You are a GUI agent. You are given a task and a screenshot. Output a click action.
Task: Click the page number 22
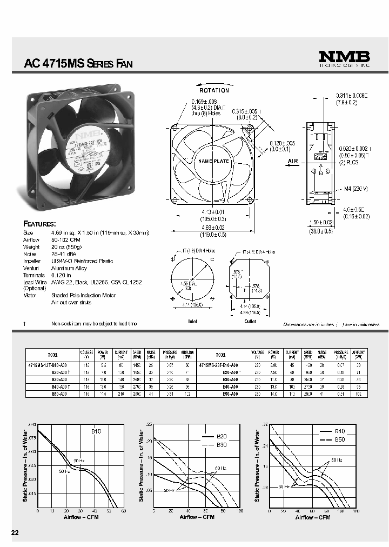pyautogui.click(x=15, y=533)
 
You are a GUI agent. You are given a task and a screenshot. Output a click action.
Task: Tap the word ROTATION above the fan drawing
pyautogui.click(x=214, y=90)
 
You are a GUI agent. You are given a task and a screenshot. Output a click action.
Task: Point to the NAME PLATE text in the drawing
pyautogui.click(x=214, y=161)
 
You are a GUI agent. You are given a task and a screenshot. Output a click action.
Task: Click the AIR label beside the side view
pyautogui.click(x=293, y=161)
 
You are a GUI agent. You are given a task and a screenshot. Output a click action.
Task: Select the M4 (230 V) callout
pyautogui.click(x=356, y=188)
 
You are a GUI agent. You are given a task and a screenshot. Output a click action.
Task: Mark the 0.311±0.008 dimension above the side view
pyautogui.click(x=352, y=95)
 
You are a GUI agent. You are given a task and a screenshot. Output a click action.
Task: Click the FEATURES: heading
pyautogui.click(x=39, y=223)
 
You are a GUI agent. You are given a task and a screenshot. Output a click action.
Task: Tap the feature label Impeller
pyautogui.click(x=32, y=261)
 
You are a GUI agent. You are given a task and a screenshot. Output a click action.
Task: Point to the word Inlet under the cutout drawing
pyautogui.click(x=192, y=322)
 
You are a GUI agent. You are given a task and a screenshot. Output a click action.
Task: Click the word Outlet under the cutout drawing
pyautogui.click(x=250, y=322)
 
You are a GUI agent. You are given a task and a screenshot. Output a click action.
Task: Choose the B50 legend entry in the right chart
pyautogui.click(x=339, y=439)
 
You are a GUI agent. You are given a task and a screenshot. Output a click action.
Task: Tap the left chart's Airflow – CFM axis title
pyautogui.click(x=80, y=517)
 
